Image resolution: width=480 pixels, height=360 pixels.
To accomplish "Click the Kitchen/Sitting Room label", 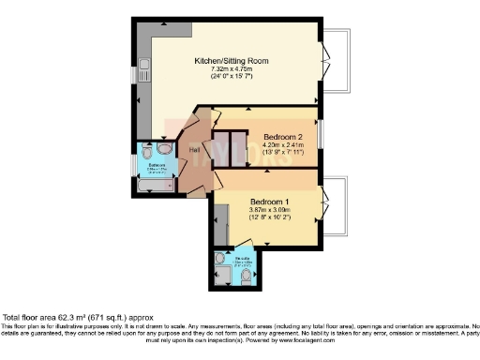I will click(x=231, y=61).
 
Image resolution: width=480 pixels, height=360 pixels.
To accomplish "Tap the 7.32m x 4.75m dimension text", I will click(x=231, y=69).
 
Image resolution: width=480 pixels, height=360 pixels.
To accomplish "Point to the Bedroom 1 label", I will click(x=273, y=202).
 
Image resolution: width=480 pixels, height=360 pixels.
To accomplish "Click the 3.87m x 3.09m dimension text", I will click(x=273, y=210).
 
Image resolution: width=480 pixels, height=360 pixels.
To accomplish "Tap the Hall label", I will click(x=194, y=151).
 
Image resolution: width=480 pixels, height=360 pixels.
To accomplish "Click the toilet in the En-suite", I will click(x=246, y=276).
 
